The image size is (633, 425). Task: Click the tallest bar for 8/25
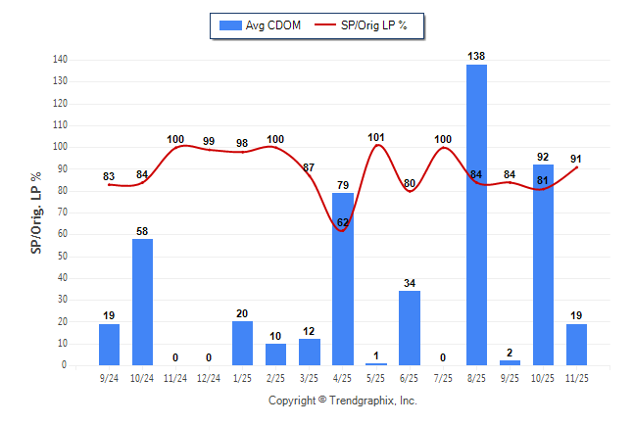tap(476, 214)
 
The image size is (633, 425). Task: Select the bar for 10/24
tap(143, 302)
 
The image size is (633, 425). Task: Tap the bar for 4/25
tap(343, 279)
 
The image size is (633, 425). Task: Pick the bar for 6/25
tap(410, 328)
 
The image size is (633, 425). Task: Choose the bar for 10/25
tap(543, 264)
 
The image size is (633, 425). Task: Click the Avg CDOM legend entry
tap(259, 25)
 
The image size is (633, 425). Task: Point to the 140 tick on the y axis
tap(61, 60)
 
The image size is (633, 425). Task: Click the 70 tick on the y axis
tap(64, 212)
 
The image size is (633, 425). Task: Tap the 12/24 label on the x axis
tap(209, 377)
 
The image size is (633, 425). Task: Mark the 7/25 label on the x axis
tap(443, 377)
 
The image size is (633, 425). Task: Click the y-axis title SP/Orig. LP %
tap(36, 212)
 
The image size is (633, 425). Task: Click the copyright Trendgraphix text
tap(343, 401)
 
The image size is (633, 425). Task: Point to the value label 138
tap(476, 57)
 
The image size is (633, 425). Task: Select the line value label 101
tap(376, 137)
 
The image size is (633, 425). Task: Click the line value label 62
tap(343, 222)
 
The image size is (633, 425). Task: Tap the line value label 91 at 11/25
tap(577, 158)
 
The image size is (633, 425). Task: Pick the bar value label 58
tap(143, 230)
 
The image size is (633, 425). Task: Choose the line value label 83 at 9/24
tap(110, 176)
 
